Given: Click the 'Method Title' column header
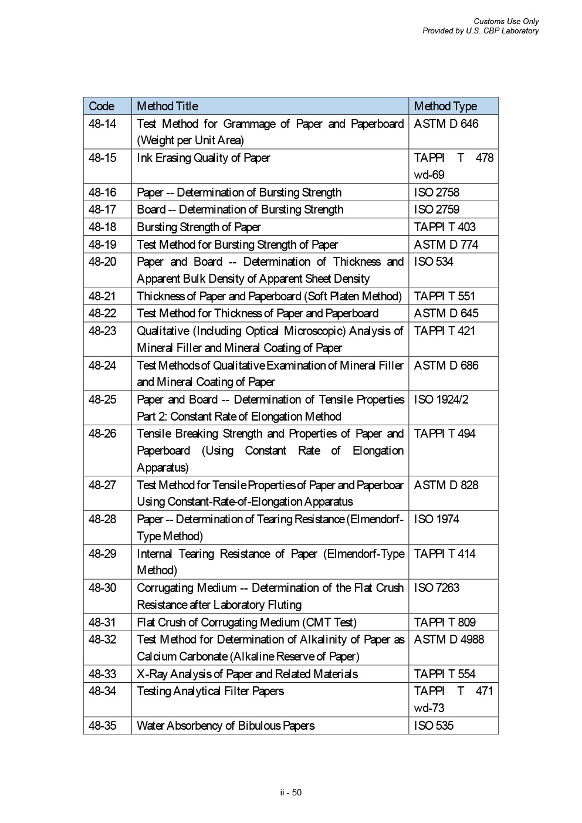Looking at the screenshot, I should [x=167, y=106].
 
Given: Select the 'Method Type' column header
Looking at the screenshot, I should [x=445, y=106].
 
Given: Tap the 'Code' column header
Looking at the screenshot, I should [x=101, y=106].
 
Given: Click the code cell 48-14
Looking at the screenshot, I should [x=103, y=124].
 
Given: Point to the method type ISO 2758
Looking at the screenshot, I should [x=436, y=192].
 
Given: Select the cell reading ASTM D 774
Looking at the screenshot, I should [x=446, y=245].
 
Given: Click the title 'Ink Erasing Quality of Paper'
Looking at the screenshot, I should [x=204, y=158].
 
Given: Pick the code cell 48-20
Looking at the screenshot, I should [x=103, y=262].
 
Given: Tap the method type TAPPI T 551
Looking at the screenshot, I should [x=445, y=296].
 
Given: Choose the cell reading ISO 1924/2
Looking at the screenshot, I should [x=441, y=399].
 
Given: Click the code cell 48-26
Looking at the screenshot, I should [x=103, y=433].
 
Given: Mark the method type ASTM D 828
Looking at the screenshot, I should [x=446, y=485].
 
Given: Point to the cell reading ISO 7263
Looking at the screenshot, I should [x=436, y=588].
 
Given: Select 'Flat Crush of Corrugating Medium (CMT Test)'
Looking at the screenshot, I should [x=246, y=622].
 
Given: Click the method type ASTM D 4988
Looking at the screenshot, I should [x=449, y=639].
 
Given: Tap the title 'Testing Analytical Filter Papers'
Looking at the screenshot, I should [x=210, y=691].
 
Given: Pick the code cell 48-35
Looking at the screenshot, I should [x=103, y=726].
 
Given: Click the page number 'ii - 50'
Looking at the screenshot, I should [x=291, y=792].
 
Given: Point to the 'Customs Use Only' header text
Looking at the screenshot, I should [x=506, y=22].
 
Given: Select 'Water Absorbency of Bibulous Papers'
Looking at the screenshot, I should [x=225, y=726].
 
